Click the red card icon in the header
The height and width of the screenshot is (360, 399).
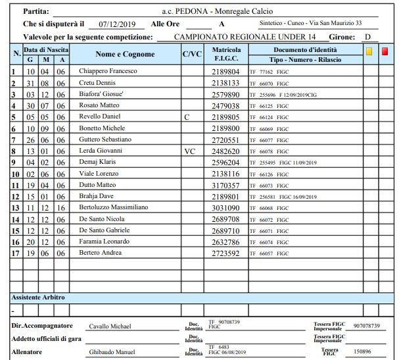click(x=385, y=51)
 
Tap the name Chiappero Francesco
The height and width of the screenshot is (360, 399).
click(x=108, y=71)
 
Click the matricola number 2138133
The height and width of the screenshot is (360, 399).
click(x=225, y=83)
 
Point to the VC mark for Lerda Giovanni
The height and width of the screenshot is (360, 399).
click(x=190, y=150)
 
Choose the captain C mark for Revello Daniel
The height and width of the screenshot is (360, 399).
click(x=187, y=116)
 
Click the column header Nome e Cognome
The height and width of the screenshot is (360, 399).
click(x=125, y=54)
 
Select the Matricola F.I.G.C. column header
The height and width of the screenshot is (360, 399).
click(x=226, y=54)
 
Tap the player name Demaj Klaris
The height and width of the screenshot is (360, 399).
click(x=98, y=162)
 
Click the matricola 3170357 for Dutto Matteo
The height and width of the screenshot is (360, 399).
click(x=225, y=186)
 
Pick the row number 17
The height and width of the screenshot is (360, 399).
click(x=14, y=253)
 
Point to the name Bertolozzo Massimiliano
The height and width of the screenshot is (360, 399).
click(x=113, y=208)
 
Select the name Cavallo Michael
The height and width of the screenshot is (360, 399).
click(x=110, y=326)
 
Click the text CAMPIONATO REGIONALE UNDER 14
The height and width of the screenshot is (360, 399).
click(x=246, y=37)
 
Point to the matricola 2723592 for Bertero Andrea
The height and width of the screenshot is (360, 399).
click(x=225, y=253)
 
